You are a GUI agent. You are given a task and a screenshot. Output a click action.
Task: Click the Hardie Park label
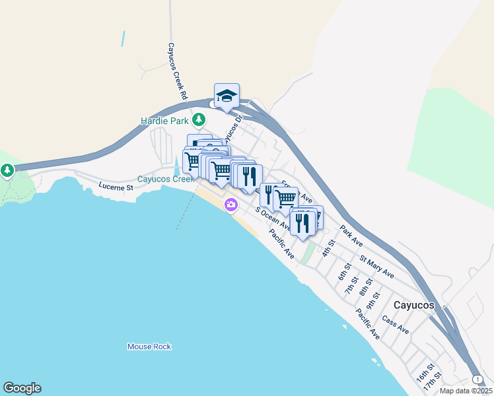coord(164,121)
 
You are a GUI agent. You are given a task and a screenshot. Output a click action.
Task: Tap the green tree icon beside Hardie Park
coord(199,120)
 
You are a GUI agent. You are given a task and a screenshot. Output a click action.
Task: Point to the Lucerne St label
coord(116,187)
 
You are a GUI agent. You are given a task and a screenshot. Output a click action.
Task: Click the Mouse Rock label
coord(149,346)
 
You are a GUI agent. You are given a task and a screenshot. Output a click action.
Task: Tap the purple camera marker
coord(230,205)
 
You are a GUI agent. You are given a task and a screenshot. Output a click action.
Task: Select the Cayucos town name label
coord(414,306)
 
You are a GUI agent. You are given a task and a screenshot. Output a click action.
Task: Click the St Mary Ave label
coord(376,265)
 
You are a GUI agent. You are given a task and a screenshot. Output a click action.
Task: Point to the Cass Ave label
coord(396,325)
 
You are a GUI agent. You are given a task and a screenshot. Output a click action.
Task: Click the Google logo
coord(22,388)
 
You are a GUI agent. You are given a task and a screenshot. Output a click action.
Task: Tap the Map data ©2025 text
coord(466,391)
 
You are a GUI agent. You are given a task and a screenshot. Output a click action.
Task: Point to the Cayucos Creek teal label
coord(166,179)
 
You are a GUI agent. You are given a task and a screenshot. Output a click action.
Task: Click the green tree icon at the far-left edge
coord(7,171)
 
